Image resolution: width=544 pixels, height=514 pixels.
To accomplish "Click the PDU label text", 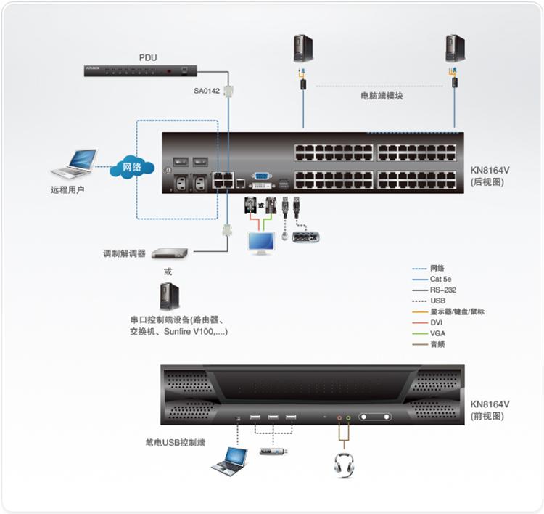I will tap(148, 57).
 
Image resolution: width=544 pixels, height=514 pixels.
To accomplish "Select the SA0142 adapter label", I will tap(207, 91).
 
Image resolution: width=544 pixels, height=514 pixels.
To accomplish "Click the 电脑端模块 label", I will tap(381, 96).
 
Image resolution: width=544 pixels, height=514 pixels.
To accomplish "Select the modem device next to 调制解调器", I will tap(169, 253).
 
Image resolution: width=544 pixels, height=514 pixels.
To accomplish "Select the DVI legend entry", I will tap(435, 322).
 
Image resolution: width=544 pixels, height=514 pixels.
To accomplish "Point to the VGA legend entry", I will tap(436, 333).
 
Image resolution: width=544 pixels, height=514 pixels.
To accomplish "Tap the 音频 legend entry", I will tap(437, 344).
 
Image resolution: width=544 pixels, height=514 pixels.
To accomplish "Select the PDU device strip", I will tap(139, 70).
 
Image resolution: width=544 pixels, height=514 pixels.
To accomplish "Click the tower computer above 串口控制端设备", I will tap(169, 297).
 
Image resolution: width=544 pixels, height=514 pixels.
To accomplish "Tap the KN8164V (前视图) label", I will tap(490, 410).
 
